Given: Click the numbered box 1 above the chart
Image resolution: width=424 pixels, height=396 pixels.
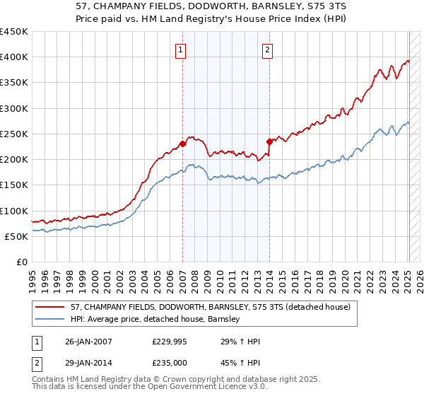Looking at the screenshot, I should coord(182,49).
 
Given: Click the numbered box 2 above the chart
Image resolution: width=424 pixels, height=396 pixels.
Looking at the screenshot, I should coord(268,49).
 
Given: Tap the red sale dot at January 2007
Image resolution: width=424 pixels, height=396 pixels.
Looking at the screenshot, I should coord(182,144).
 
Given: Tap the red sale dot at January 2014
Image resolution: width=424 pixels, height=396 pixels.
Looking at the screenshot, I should coord(269,141).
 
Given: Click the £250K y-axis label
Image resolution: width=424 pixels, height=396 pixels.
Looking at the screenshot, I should coord(14,134).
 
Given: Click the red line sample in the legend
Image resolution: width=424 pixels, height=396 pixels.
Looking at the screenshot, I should coord(50,307).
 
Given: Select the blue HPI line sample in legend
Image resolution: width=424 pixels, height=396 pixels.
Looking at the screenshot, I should coord(50,319).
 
